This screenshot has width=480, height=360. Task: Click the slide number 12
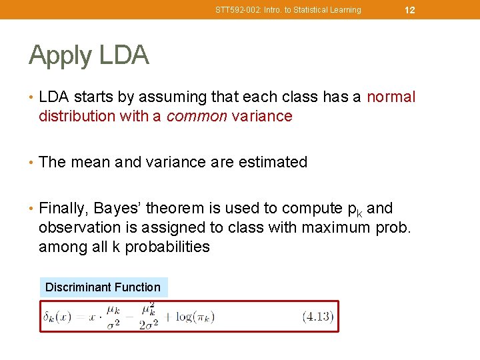coord(410,10)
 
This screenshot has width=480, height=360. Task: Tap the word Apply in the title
coord(61,55)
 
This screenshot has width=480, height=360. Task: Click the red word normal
coord(391,97)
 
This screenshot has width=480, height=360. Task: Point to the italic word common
coord(197,117)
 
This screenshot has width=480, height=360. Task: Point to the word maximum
coord(335,228)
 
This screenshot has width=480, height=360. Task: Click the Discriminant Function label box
coord(103,287)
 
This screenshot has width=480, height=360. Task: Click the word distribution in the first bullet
coord(77,117)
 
